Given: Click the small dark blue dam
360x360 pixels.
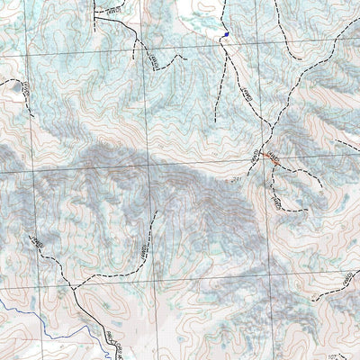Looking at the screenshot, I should pos(225,35).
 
